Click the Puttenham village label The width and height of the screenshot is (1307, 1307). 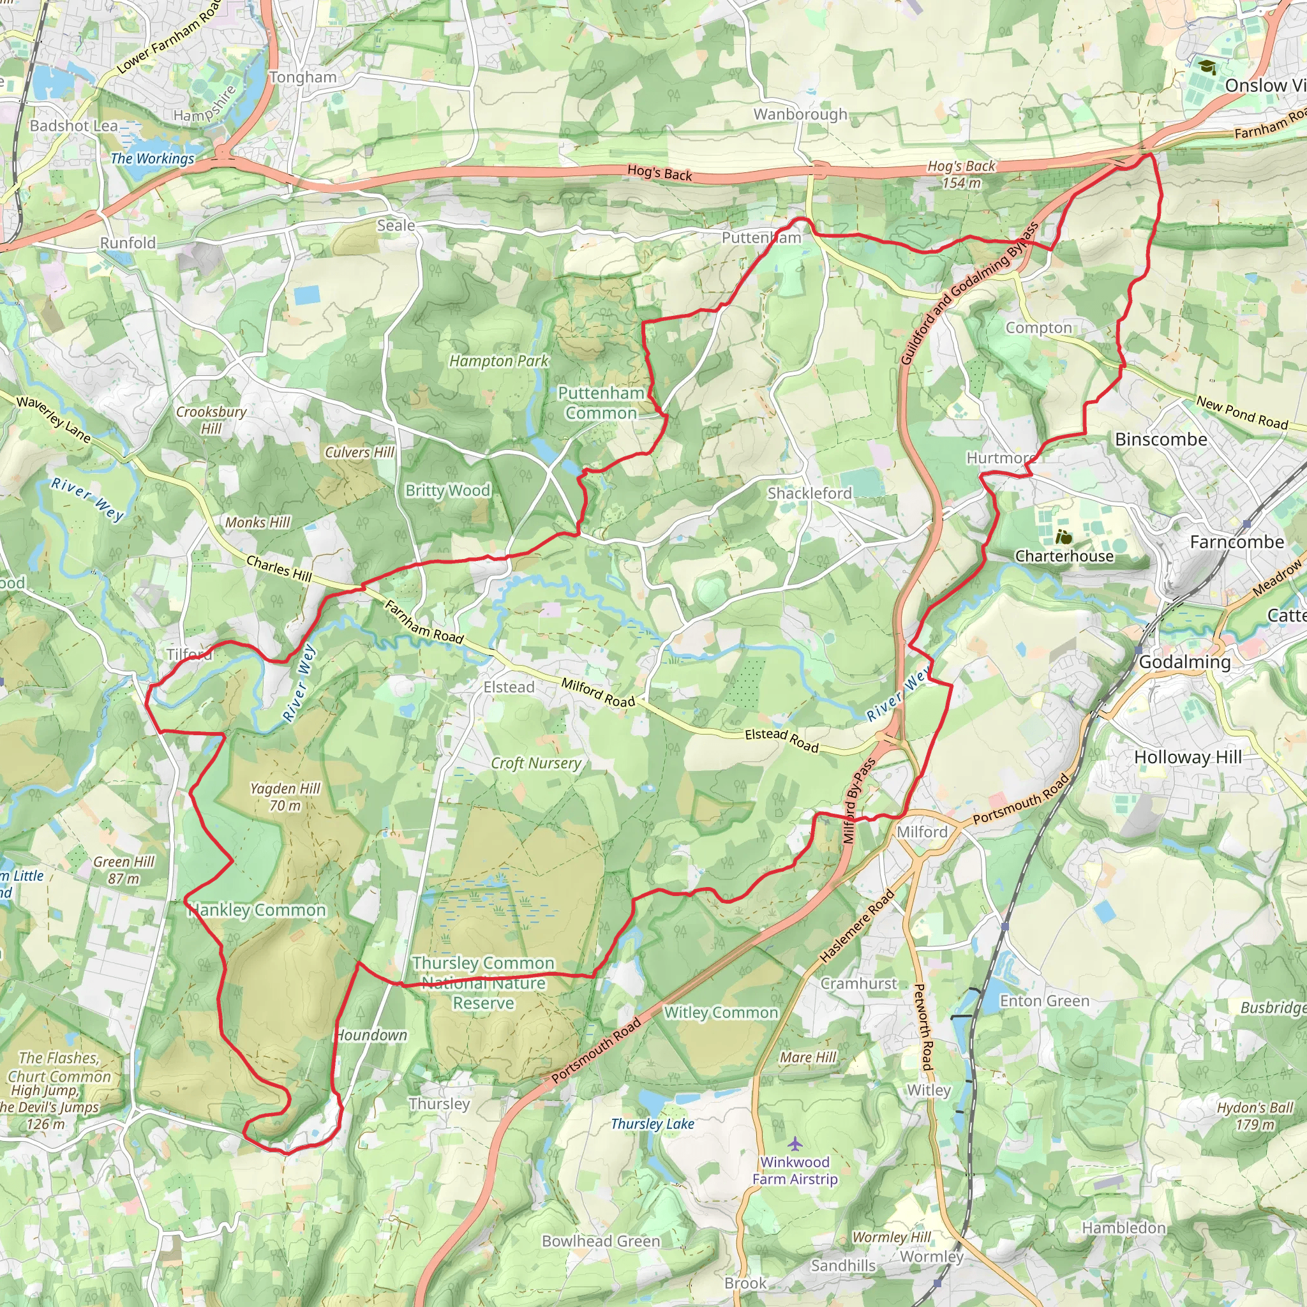coord(761,237)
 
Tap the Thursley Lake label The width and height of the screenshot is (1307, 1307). coord(652,1124)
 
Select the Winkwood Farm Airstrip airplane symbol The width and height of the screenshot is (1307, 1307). coord(795,1143)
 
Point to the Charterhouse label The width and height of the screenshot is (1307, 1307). coord(1063,556)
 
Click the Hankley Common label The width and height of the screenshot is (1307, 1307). coord(257,910)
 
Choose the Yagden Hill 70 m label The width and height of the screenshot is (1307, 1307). coord(285,796)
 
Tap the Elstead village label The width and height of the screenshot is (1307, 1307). coord(509,687)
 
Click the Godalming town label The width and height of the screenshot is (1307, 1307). coord(1184,662)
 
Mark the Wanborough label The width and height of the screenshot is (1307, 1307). coord(800,114)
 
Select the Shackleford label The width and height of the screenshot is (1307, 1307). coord(809,493)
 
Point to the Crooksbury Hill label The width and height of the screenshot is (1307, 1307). coord(211,419)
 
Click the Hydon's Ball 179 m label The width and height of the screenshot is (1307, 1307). coord(1254,1116)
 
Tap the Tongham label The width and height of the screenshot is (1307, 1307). coord(303,77)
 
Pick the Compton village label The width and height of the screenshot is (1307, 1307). coord(1038,327)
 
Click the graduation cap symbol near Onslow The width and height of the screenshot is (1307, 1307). coord(1207,66)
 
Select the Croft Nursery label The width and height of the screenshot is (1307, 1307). coord(536,763)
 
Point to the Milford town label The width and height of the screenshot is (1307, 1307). coord(922,832)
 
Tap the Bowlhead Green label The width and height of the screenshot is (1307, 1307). coord(601,1241)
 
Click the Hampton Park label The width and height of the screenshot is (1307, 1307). coord(498,361)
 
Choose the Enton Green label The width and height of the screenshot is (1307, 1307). coord(1045,1001)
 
